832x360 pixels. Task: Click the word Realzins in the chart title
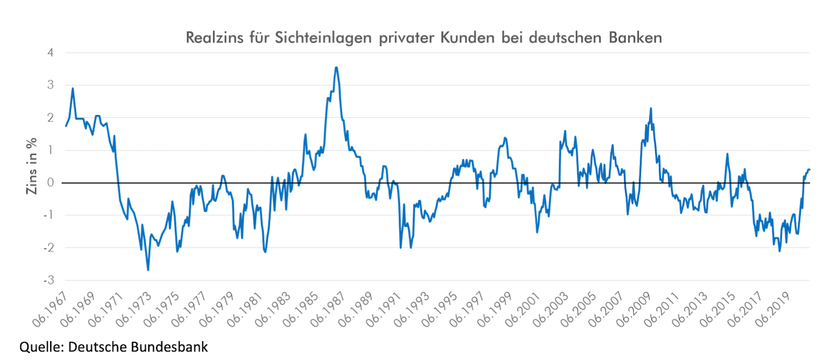pos(214,38)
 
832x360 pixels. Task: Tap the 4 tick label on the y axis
pos(50,53)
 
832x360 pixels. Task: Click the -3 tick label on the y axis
pos(48,280)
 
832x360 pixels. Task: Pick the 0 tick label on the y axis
pos(50,183)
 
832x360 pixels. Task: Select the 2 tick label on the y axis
pos(50,118)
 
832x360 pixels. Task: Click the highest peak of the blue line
pos(336,67)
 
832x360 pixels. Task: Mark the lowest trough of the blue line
pos(148,270)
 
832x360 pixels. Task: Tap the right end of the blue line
pos(810,170)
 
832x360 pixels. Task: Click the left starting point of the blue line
pos(66,125)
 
